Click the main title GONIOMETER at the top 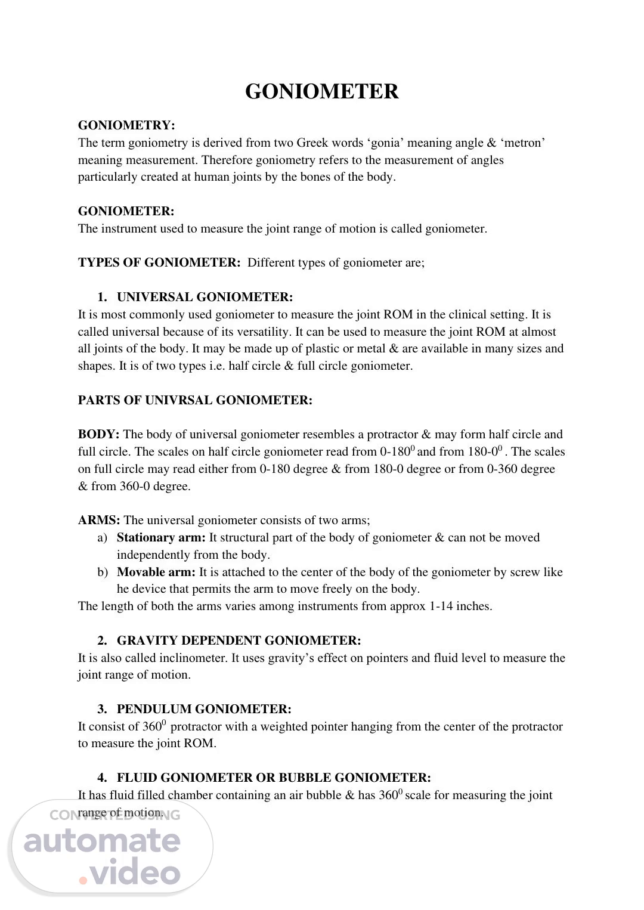point(321,92)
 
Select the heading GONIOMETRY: point(126,125)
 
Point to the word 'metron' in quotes point(525,143)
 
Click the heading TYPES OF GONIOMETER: point(159,263)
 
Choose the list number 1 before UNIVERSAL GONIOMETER point(103,297)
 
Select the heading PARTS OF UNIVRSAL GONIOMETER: point(195,400)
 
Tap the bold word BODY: point(98,435)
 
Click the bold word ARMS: point(99,521)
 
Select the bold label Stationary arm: point(161,538)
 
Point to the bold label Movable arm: point(156,572)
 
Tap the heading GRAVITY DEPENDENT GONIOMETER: point(239,641)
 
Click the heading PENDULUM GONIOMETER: point(204,710)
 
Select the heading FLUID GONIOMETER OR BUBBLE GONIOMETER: point(274,778)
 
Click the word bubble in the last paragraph point(319,796)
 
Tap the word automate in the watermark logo point(102,841)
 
